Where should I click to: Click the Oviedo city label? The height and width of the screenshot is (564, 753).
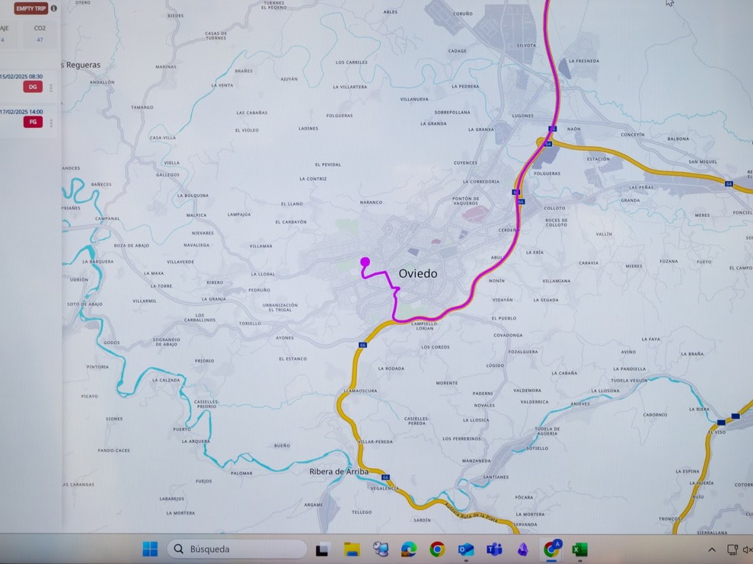(418, 274)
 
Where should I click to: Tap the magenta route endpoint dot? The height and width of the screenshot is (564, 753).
(365, 262)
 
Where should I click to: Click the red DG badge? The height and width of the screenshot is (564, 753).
(33, 87)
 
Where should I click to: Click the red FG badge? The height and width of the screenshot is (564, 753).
(33, 122)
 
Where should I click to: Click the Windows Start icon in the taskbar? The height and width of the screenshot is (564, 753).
(150, 550)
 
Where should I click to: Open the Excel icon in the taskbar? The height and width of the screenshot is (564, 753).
(579, 550)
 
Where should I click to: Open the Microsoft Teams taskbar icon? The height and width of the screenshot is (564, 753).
(494, 550)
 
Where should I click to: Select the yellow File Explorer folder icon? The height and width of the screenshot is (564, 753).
(352, 550)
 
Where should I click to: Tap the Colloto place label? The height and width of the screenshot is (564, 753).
(554, 208)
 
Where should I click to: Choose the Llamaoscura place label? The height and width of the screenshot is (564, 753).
(360, 390)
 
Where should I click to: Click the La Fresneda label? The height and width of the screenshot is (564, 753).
(584, 61)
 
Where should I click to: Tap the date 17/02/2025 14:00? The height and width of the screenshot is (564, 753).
(21, 112)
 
